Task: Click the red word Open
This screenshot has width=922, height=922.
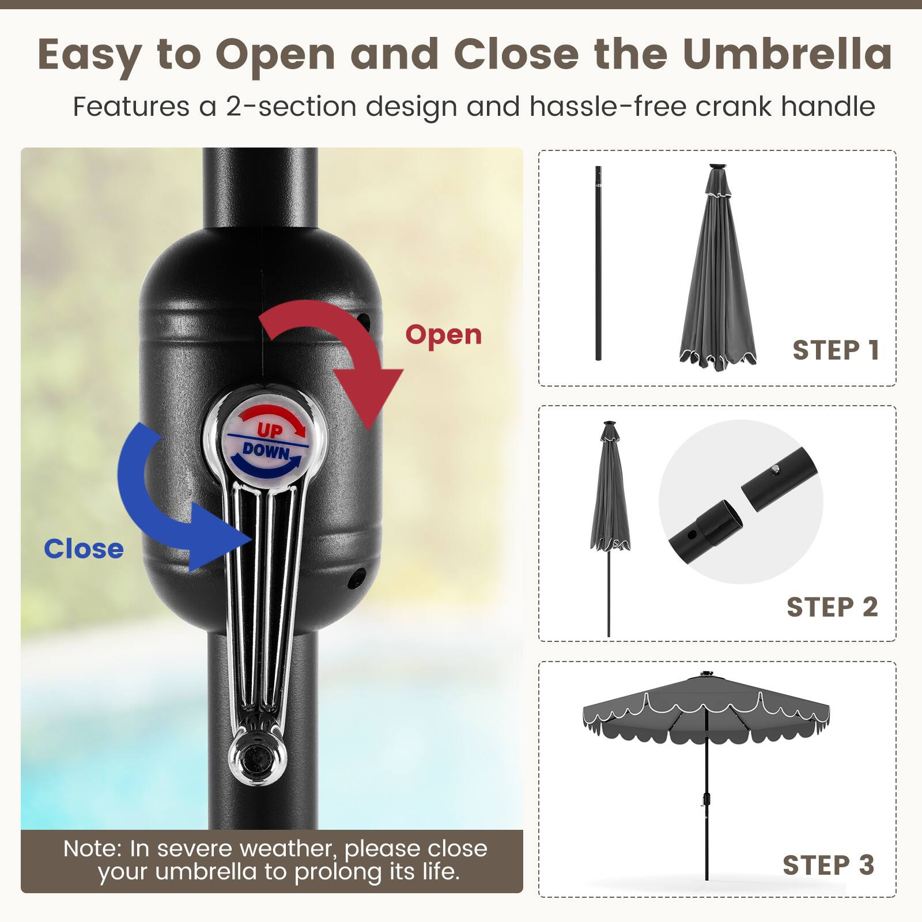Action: tap(443, 335)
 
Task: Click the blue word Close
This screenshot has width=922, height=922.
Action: tap(84, 549)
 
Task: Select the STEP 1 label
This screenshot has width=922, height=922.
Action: tap(836, 350)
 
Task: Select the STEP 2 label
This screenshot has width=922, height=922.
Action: tap(832, 607)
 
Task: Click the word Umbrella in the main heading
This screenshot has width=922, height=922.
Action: tap(787, 54)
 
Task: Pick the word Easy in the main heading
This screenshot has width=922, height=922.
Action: tap(89, 54)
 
